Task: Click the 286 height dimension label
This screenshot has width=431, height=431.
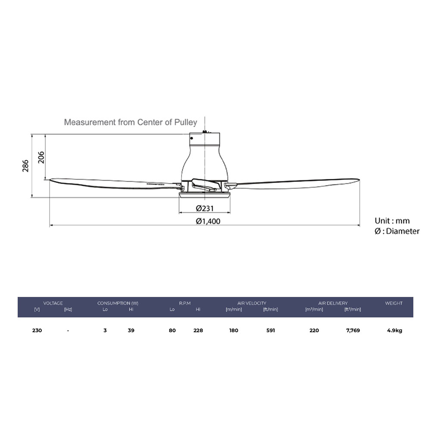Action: point(25,166)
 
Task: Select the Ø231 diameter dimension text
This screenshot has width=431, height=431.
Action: point(205,208)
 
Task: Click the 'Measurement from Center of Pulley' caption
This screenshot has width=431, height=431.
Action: point(130,122)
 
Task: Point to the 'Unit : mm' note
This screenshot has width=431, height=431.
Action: point(392,221)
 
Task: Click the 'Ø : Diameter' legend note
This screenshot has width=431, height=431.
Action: point(397,231)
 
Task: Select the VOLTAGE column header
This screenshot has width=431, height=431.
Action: point(53,303)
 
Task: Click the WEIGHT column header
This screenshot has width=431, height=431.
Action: point(394,303)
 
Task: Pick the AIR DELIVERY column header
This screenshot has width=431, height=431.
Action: point(333,303)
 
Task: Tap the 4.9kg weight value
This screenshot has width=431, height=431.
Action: point(394,331)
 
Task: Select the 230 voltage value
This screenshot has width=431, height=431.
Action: point(37,331)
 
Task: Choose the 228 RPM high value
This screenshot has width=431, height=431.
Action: point(198,331)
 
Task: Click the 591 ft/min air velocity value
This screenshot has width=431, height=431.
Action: point(270,331)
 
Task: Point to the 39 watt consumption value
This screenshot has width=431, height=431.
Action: point(131,331)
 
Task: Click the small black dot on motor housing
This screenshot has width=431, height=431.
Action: point(191,138)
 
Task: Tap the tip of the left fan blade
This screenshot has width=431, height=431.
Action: point(51,180)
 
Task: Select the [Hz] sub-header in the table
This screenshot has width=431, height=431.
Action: point(68,309)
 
